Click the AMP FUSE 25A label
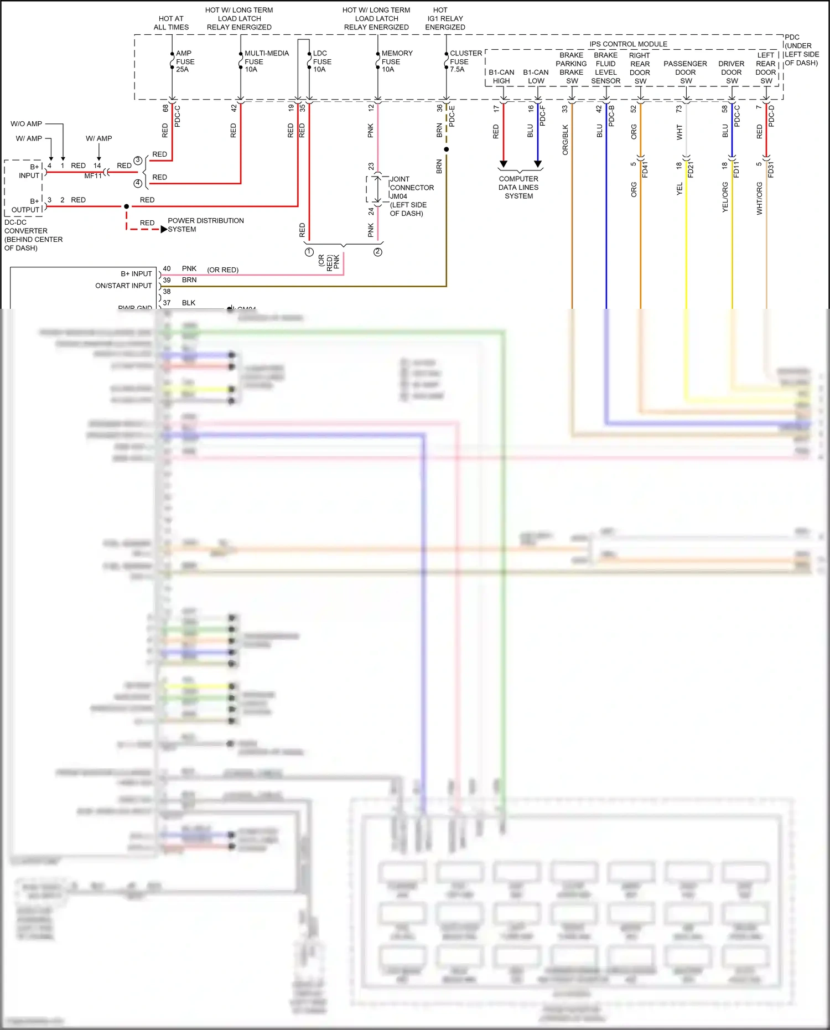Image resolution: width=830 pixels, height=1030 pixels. [185, 61]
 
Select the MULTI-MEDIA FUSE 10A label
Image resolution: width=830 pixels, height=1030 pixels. [266, 61]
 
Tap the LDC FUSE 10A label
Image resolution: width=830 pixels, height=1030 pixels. [322, 61]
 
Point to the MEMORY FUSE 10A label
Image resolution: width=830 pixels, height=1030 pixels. [396, 61]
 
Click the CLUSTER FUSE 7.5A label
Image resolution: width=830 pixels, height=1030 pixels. [465, 61]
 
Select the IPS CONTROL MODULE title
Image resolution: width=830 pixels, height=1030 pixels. [628, 44]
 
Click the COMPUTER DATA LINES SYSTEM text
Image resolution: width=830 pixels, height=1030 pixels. [518, 188]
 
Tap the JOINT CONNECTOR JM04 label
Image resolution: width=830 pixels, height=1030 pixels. [411, 188]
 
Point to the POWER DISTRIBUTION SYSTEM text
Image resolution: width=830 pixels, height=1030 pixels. [205, 225]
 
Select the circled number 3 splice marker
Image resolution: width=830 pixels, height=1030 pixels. [138, 161]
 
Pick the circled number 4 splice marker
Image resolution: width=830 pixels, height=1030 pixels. [138, 183]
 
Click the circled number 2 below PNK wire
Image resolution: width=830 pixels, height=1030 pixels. [377, 252]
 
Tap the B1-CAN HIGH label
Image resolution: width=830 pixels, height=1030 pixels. [501, 76]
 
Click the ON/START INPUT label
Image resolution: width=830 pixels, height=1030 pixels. [123, 286]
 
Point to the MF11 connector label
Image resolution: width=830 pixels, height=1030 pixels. [93, 176]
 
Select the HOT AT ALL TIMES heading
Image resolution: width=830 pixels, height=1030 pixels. [171, 23]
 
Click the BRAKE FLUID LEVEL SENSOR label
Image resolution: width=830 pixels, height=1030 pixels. [606, 68]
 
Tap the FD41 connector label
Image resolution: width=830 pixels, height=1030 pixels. [645, 169]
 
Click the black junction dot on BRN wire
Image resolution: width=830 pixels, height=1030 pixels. [447, 149]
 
